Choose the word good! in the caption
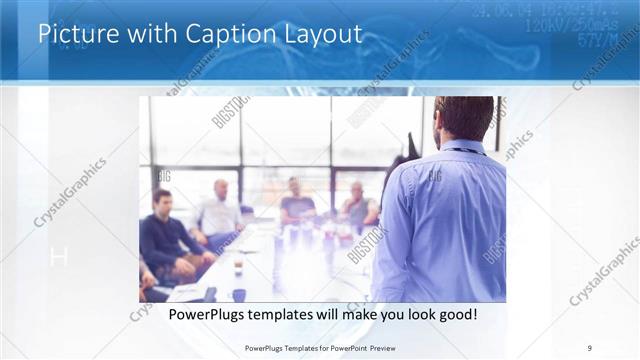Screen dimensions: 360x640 click(455, 314)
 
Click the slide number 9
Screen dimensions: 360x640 click(590, 348)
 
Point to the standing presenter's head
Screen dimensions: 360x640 click(464, 118)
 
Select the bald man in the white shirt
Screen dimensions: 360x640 click(220, 210)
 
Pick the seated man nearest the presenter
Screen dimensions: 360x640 click(357, 204)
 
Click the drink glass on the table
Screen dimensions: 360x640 click(238, 267)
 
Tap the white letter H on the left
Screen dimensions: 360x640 click(58, 257)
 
